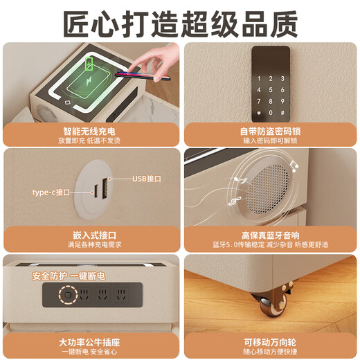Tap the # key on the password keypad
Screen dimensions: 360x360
coord(281,111)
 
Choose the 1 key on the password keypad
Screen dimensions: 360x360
coord(260,78)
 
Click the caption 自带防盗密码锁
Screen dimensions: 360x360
coord(270,130)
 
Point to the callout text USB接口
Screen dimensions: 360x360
coord(147,179)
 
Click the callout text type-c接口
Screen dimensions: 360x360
coord(51,192)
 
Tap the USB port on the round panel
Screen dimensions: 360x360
coord(105,186)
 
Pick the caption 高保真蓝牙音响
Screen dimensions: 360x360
coord(270,235)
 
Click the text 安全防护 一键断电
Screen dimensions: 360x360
coord(67,276)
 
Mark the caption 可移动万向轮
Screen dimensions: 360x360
coord(270,341)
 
